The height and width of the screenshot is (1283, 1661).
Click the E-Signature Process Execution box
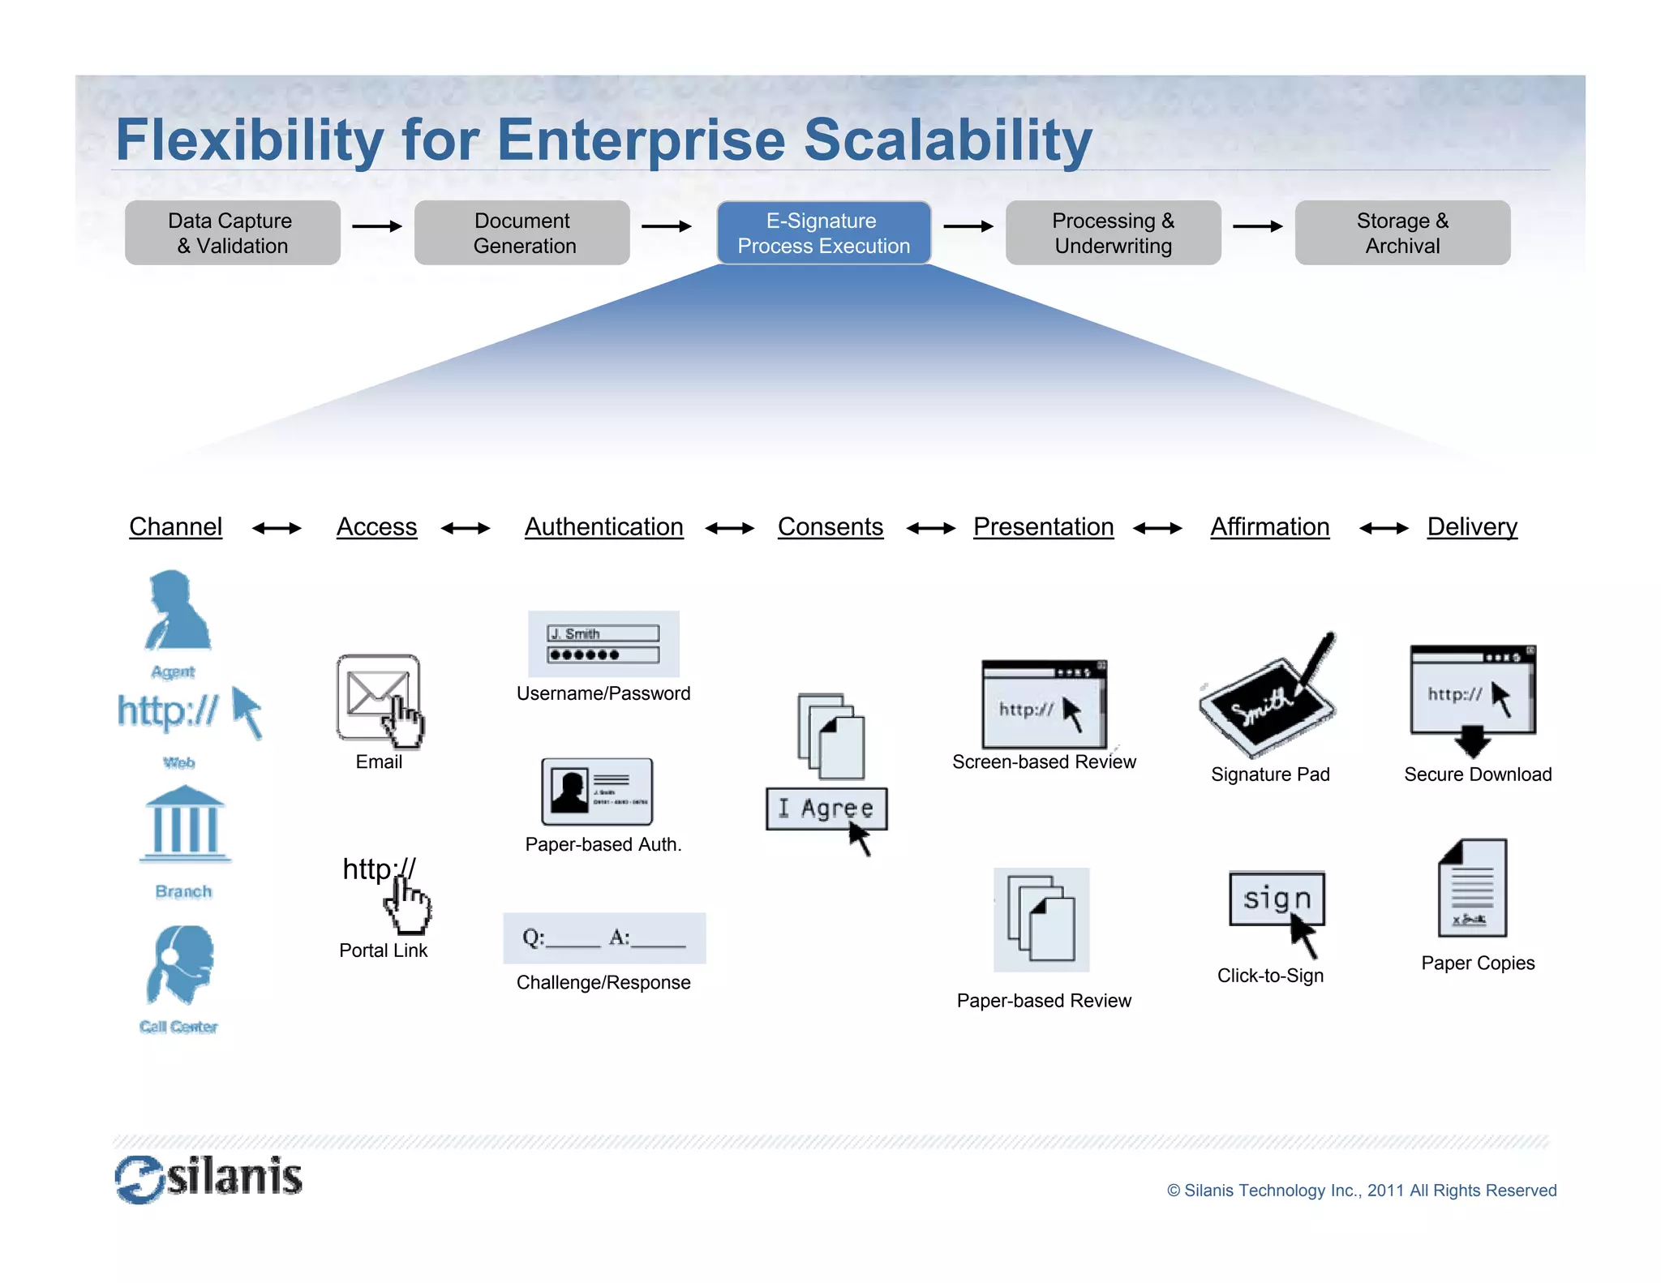click(x=823, y=233)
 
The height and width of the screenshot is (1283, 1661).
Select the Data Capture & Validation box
click(x=232, y=233)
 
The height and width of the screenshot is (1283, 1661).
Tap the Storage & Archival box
click(x=1401, y=233)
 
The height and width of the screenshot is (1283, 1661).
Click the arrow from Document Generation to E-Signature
click(x=666, y=226)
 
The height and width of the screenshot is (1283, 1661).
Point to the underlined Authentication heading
click(x=603, y=527)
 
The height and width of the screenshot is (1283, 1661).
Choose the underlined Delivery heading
click(x=1471, y=527)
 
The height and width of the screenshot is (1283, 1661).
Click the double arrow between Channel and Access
click(x=277, y=529)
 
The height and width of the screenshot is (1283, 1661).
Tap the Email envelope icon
click(x=378, y=698)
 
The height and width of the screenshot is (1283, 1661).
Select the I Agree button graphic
click(x=826, y=809)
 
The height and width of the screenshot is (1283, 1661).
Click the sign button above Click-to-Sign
click(x=1277, y=899)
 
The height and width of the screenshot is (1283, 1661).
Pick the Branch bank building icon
click(x=185, y=824)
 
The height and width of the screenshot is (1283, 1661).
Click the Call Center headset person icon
click(x=181, y=965)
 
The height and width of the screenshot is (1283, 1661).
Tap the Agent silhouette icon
click(x=177, y=611)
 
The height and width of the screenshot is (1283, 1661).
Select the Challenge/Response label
click(x=603, y=983)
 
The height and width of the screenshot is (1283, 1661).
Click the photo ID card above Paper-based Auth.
click(x=597, y=792)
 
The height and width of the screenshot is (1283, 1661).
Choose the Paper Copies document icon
click(x=1473, y=889)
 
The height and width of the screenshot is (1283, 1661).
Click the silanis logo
click(x=209, y=1178)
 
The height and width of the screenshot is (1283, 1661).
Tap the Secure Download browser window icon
click(x=1472, y=691)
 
